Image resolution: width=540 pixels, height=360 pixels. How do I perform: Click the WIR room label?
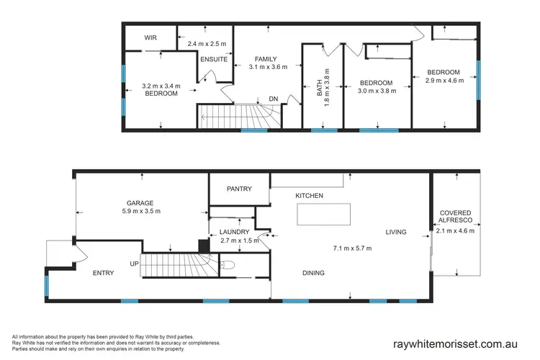[x=151, y=37]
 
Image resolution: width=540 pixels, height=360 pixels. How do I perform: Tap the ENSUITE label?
[x=214, y=60]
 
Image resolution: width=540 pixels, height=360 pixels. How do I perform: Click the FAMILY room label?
[x=268, y=59]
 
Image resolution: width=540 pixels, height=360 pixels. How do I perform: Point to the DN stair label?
[x=274, y=99]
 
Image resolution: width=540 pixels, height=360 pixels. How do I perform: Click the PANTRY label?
[x=239, y=189]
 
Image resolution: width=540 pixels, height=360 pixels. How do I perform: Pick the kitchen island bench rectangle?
[x=324, y=215]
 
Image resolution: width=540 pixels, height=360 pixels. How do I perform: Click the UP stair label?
[x=134, y=264]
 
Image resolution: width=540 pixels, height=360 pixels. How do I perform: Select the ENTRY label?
[x=104, y=273]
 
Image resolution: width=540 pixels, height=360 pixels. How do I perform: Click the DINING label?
[x=312, y=273]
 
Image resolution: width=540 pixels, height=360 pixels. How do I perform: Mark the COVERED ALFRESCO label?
[x=455, y=217]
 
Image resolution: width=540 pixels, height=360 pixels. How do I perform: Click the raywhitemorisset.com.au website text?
[x=461, y=344]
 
